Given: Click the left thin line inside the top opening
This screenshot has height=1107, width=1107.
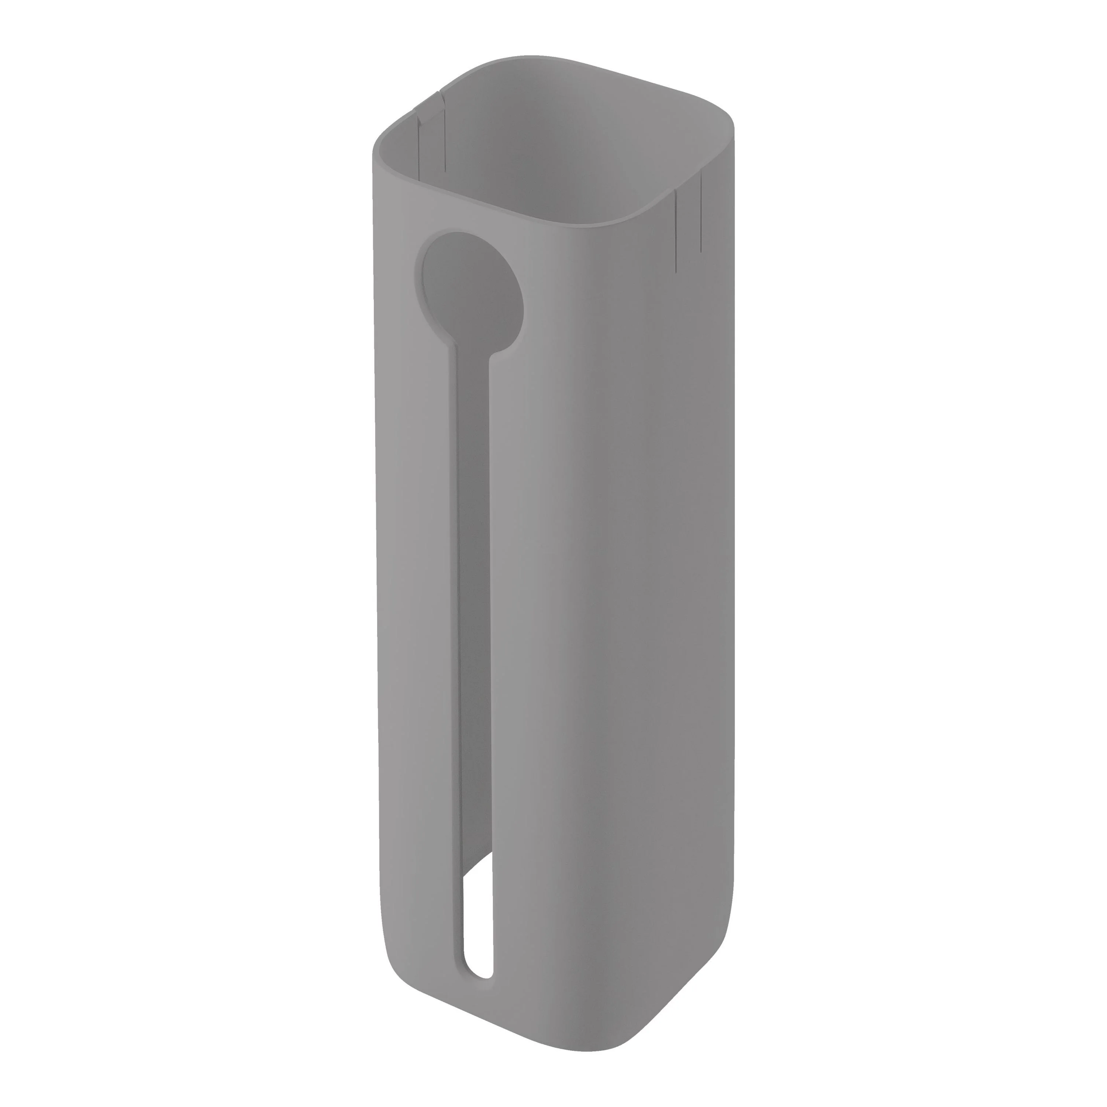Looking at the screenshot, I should click(419, 143).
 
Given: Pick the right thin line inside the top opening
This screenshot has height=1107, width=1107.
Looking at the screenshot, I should click(444, 138).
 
